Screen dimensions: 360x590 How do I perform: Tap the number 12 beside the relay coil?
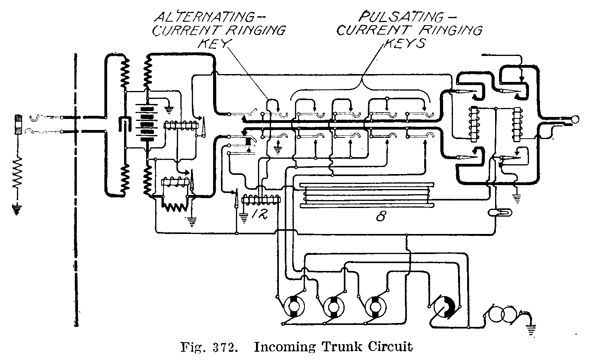point(258,215)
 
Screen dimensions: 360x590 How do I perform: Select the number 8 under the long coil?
point(380,217)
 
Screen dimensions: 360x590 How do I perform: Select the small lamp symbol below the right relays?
point(500,213)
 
